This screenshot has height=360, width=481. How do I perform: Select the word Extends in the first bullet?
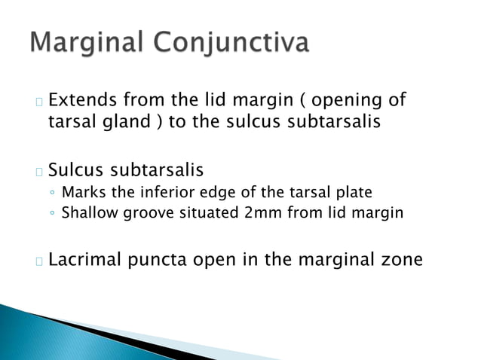tap(84, 100)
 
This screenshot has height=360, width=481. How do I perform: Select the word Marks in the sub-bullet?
tap(81, 192)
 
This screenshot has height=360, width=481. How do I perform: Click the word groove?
tap(147, 214)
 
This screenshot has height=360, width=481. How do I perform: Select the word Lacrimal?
tap(85, 261)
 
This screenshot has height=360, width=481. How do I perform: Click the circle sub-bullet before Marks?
tap(51, 193)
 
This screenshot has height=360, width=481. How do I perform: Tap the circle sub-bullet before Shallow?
tap(51, 214)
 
